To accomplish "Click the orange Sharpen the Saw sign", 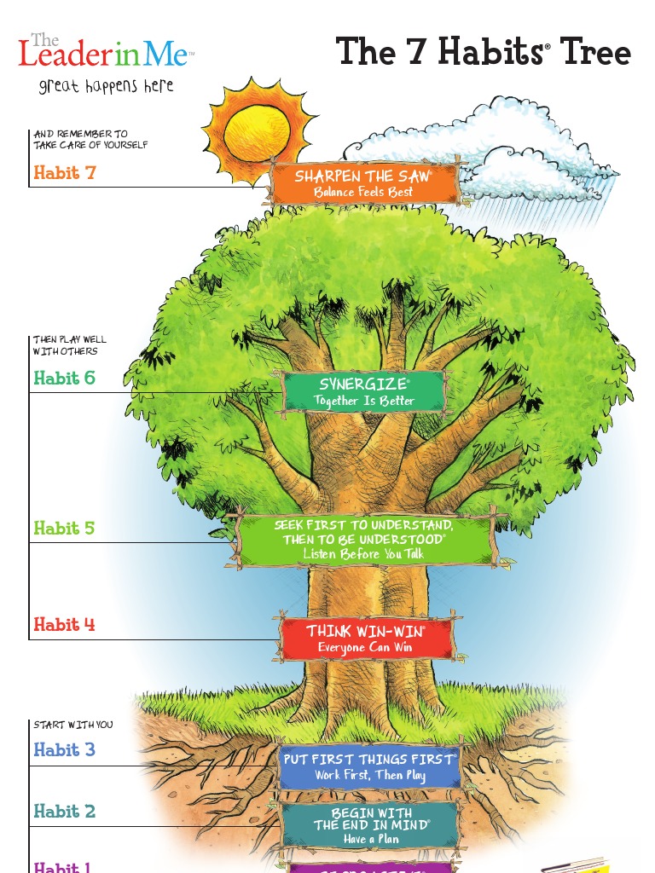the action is pos(364,183).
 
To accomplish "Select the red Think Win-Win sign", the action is pos(366,638).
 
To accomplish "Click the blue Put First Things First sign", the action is pos(370,766).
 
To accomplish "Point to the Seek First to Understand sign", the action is pos(364,539).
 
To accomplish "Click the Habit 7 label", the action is pos(65,173).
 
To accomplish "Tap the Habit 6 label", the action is pos(65,378).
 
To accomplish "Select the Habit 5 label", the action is pos(65,528).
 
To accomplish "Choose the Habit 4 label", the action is pos(65,625).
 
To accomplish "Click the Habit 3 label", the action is pos(65,750).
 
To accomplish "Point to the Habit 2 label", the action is pos(65,812).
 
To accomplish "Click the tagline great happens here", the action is pos(106,86).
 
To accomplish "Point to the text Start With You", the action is pos(73,725).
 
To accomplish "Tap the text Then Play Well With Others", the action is pos(70,345).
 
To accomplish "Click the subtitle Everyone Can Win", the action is pos(365,648).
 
